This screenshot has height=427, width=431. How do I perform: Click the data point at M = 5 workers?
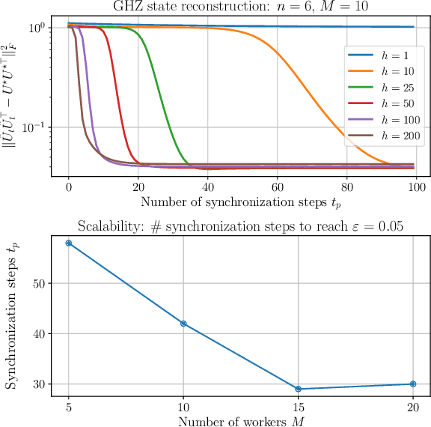pyautogui.click(x=69, y=243)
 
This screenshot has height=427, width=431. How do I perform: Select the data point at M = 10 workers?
pyautogui.click(x=183, y=324)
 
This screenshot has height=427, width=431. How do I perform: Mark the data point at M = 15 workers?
pyautogui.click(x=298, y=389)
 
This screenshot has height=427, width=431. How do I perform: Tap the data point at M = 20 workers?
pyautogui.click(x=412, y=384)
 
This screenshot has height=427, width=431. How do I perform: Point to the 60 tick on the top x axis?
pyautogui.click(x=276, y=187)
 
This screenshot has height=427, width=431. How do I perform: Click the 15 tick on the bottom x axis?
pyautogui.click(x=298, y=405)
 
